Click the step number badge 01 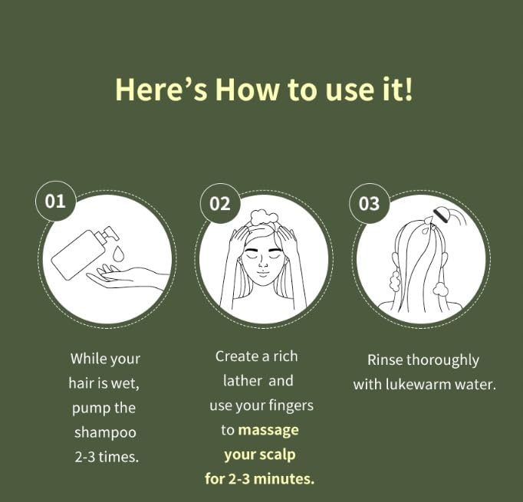coord(55,202)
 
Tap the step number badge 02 coord(219,203)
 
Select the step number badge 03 coord(369,203)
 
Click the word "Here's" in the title coord(161,89)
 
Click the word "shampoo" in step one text coord(105,432)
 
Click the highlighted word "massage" coord(268,430)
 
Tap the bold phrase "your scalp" coord(260,454)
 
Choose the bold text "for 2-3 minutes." coord(260,479)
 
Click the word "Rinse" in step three coord(384,360)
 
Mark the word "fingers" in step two coord(290,405)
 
